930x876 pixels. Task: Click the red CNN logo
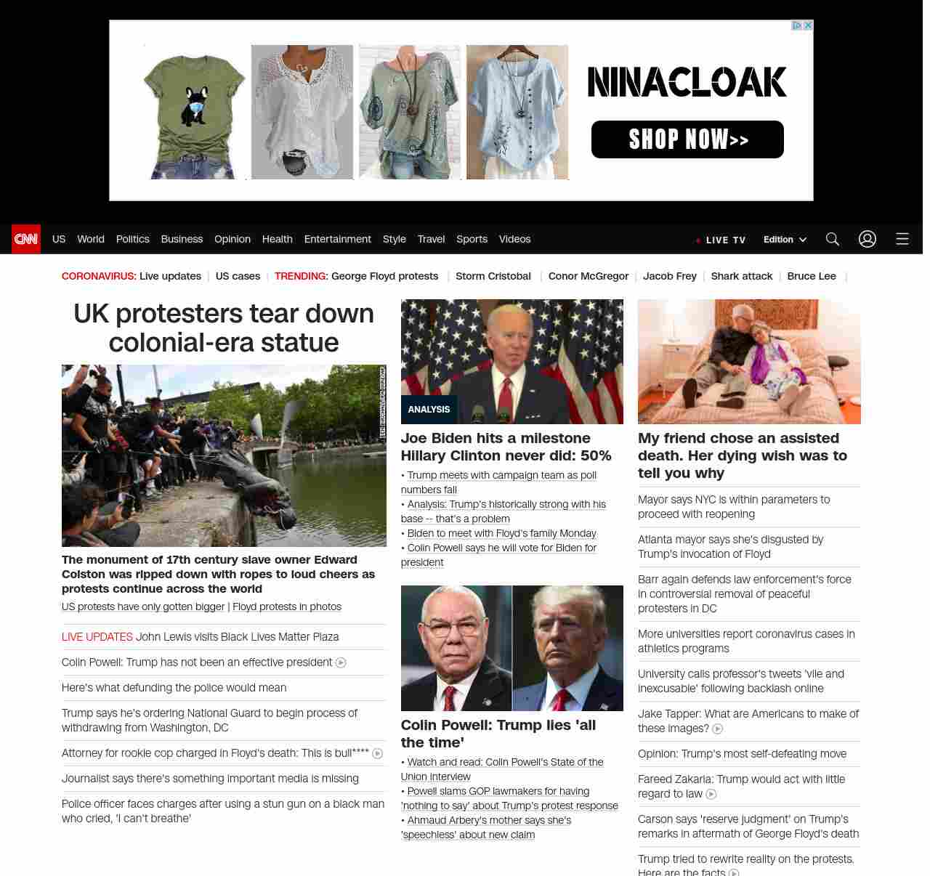pos(26,239)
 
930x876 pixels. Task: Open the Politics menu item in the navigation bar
pos(132,239)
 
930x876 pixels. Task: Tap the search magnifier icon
pos(833,239)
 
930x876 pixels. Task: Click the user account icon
pos(868,239)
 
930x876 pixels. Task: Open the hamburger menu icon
pos(902,239)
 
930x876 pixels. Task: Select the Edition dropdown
pos(785,240)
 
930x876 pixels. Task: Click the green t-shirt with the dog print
pos(195,112)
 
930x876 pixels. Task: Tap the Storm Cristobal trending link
pos(493,276)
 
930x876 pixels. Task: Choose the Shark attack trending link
pos(741,276)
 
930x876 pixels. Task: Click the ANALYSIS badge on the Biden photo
pos(429,410)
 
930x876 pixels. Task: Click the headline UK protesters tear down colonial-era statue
pos(224,328)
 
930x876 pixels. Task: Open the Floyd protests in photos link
pos(287,607)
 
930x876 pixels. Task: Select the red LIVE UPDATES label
pos(97,637)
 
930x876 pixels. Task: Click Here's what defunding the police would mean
pos(174,688)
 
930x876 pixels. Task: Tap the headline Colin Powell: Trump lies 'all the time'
pos(498,734)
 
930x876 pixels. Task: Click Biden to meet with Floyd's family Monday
pos(501,533)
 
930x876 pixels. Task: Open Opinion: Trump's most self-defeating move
pos(742,754)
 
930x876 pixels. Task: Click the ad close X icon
pos(807,25)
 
